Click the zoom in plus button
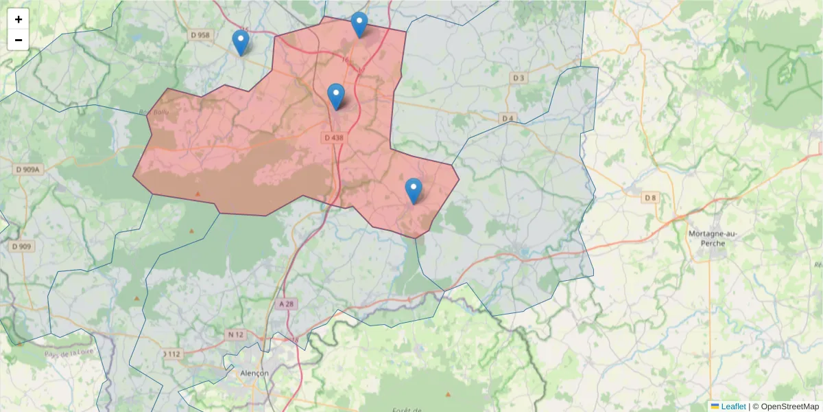click(x=19, y=19)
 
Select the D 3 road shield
click(x=518, y=78)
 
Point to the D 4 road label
click(x=508, y=119)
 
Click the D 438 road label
click(x=333, y=138)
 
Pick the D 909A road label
click(x=28, y=169)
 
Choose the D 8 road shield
click(x=650, y=198)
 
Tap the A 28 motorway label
click(x=287, y=304)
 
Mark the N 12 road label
click(x=235, y=334)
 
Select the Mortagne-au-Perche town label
click(x=712, y=239)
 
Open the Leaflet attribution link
click(x=732, y=407)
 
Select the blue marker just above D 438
click(x=335, y=96)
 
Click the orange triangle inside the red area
click(x=198, y=194)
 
